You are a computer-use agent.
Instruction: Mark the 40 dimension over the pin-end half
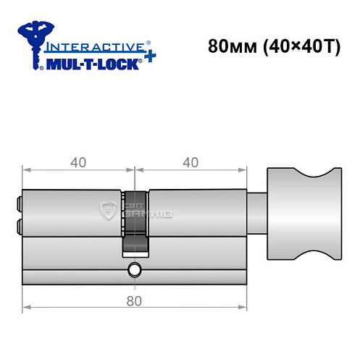pos(78,162)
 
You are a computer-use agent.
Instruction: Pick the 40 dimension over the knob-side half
pos(191,162)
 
